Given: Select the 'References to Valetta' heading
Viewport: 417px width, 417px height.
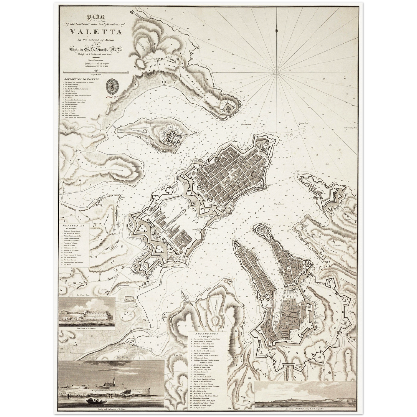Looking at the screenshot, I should pyautogui.click(x=82, y=79).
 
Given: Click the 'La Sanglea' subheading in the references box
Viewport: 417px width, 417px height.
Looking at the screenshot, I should pyautogui.click(x=207, y=336).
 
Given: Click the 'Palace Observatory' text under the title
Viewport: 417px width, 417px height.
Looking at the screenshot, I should pyautogui.click(x=91, y=60).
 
